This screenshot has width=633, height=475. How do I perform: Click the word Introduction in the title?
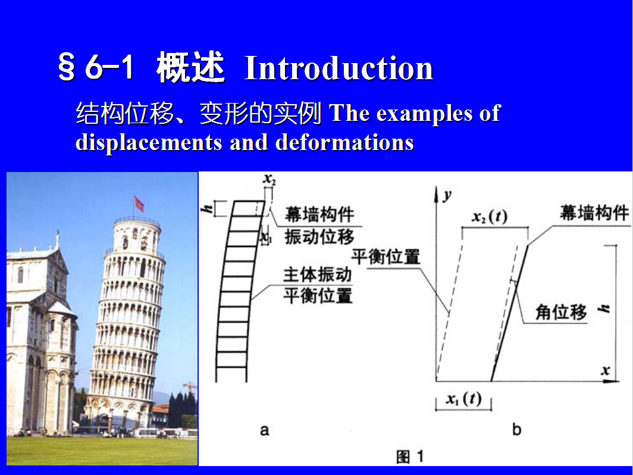click(339, 68)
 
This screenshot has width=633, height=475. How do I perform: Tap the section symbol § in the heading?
click(67, 67)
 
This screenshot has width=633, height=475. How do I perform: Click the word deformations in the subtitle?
click(345, 142)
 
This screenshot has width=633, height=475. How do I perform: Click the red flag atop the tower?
click(139, 204)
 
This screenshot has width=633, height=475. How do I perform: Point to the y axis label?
click(447, 195)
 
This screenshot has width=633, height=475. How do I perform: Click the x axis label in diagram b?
click(605, 370)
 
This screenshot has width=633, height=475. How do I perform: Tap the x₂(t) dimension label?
click(489, 217)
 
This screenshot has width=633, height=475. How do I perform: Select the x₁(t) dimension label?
click(463, 399)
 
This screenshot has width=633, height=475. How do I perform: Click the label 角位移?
click(561, 312)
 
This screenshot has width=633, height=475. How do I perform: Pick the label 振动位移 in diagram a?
click(319, 237)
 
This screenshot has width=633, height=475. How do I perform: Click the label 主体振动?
click(317, 275)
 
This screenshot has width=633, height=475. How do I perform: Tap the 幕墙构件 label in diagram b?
click(594, 212)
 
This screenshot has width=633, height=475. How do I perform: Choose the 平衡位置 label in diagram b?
click(386, 257)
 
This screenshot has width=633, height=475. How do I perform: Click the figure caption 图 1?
click(410, 457)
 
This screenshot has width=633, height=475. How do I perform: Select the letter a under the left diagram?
click(264, 430)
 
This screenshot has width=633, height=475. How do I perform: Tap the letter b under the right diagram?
click(517, 429)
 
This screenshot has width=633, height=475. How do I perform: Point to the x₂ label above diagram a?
click(270, 179)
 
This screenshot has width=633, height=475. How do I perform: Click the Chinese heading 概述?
click(190, 67)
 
